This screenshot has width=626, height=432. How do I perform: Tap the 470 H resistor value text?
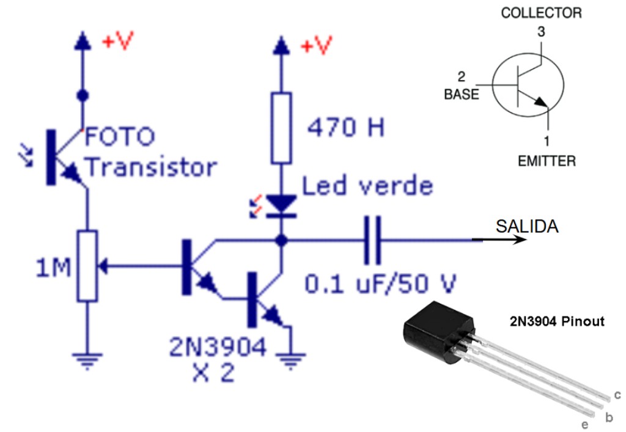coord(346,128)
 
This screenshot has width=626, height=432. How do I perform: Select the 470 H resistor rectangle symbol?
coord(281,128)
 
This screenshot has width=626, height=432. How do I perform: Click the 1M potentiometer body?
coord(87,266)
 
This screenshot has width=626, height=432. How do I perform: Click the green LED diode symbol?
coord(281,205)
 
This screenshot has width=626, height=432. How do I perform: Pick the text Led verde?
coord(367,186)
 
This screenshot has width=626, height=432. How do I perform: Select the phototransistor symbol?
coord(62,156)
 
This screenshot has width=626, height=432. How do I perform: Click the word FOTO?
coord(120,137)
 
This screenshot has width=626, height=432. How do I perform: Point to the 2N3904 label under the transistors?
coord(218,348)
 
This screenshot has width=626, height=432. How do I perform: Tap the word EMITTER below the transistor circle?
coord(547,161)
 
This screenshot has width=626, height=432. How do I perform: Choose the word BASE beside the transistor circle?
coord(462,95)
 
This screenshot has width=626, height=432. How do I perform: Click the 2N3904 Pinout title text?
coord(558,320)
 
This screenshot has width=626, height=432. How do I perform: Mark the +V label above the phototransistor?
coord(117,42)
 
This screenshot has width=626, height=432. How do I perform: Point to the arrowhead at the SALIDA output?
coord(520,240)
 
